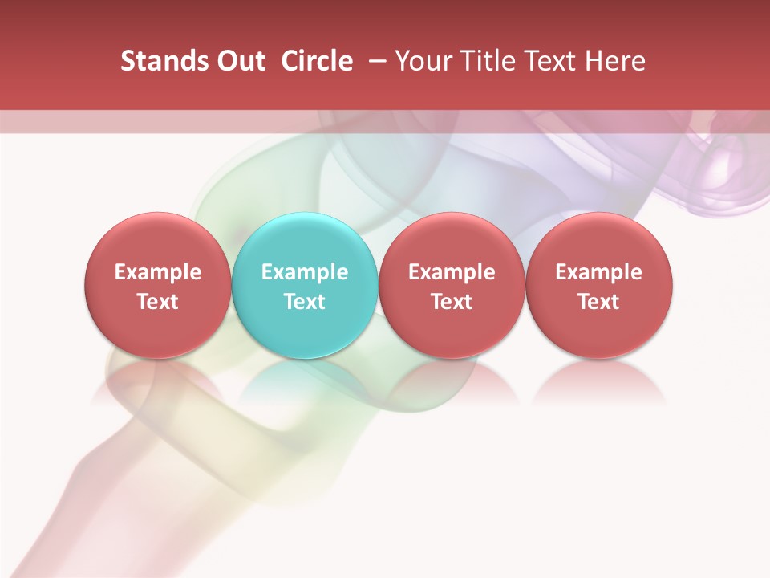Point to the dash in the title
(374, 61)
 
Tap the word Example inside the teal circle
(305, 272)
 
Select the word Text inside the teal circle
(305, 302)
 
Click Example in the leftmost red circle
(158, 272)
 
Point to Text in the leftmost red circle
(158, 302)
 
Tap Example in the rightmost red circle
(599, 272)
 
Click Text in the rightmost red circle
(599, 302)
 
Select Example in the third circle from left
(452, 272)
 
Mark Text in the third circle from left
(452, 302)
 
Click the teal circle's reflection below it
(305, 381)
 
